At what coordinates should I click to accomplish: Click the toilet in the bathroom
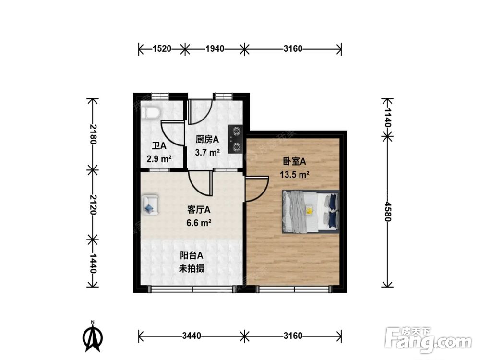(x=150, y=112)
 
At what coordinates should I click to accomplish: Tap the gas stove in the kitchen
(x=236, y=139)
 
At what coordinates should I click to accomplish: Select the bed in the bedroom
(x=311, y=212)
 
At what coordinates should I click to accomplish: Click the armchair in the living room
(x=150, y=204)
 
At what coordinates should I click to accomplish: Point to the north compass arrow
(x=93, y=336)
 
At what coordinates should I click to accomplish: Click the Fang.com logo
(x=428, y=339)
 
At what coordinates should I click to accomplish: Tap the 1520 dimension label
(x=162, y=48)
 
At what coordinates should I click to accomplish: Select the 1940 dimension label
(x=215, y=48)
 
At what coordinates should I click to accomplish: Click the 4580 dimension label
(x=387, y=211)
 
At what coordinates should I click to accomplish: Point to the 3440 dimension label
(x=192, y=336)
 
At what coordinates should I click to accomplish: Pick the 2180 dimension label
(x=93, y=134)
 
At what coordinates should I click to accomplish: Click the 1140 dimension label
(x=387, y=117)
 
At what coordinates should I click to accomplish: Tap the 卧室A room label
(x=294, y=161)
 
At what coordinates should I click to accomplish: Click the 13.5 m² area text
(x=295, y=175)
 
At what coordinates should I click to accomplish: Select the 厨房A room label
(x=207, y=140)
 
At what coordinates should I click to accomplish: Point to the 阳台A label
(x=192, y=255)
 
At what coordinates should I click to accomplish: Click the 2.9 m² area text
(x=159, y=159)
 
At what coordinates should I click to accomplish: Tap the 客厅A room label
(x=199, y=210)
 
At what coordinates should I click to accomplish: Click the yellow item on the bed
(x=309, y=210)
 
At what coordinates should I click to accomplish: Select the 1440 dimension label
(x=93, y=263)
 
